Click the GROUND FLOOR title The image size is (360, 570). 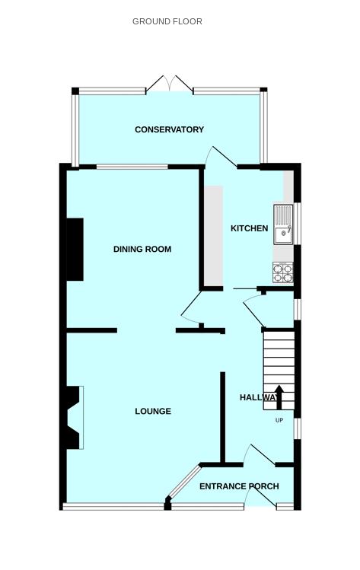point(167,21)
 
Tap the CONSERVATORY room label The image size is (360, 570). point(169,129)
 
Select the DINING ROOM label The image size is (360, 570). point(142,249)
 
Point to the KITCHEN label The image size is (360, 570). point(250,228)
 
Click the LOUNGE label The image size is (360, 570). point(153,411)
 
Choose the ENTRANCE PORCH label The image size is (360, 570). point(239,486)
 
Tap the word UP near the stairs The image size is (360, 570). point(279,420)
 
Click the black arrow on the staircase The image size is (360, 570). point(279,397)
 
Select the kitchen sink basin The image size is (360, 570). point(283,235)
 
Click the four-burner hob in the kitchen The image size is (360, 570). point(283,273)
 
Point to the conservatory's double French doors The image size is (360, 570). point(170,84)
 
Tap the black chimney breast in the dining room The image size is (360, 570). point(75,250)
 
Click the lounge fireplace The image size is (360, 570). point(74,417)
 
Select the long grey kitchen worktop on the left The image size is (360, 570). point(213,236)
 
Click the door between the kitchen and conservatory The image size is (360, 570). point(221,157)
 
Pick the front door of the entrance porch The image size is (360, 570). point(260,495)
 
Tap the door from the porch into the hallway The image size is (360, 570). point(260,455)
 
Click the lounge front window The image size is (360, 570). point(113,506)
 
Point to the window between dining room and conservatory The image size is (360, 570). point(132,167)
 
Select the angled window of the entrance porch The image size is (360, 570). point(184,481)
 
